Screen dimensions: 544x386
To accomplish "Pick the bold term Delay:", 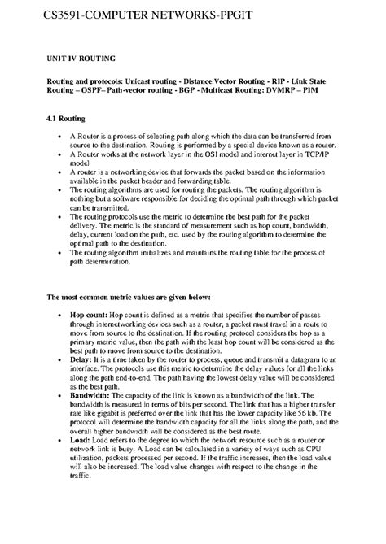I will [81, 359].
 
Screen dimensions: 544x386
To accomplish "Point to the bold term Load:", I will [80, 440].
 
